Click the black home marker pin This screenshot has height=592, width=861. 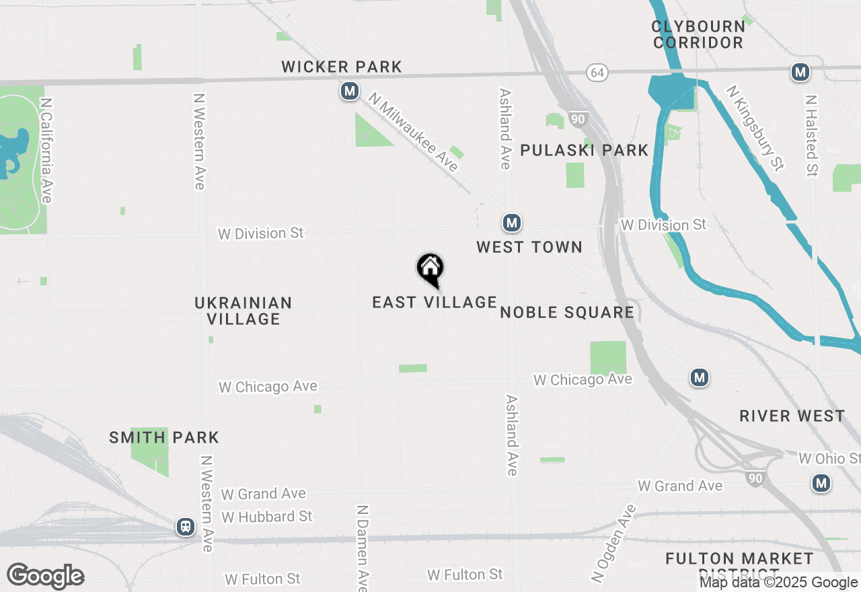[430, 269]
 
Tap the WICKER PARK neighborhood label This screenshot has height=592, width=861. [342, 67]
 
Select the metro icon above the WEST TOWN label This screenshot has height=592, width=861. [512, 223]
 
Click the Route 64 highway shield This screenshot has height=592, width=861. [597, 72]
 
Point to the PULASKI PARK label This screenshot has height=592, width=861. [585, 150]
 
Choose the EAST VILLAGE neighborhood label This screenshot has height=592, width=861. [435, 303]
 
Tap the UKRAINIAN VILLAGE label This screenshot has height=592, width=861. [244, 311]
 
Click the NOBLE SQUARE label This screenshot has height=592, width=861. [567, 312]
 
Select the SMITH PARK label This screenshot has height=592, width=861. [164, 438]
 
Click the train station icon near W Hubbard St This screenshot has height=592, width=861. [186, 527]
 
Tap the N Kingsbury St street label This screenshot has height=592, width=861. [755, 127]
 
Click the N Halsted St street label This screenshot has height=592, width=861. [812, 135]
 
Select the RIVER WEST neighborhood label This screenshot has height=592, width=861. [792, 416]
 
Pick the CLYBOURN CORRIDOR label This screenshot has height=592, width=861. [698, 34]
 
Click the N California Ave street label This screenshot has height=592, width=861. [46, 151]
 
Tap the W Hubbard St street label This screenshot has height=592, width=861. [267, 517]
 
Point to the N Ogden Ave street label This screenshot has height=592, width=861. [613, 544]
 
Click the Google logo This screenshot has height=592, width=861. [46, 577]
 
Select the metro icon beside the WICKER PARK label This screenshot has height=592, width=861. [349, 91]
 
